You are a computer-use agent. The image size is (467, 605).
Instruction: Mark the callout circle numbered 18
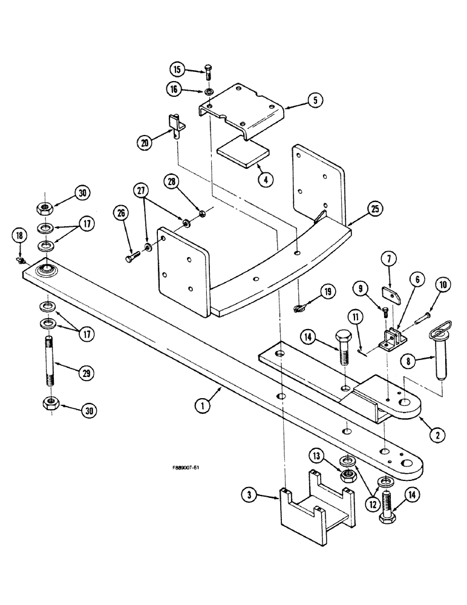click(20, 236)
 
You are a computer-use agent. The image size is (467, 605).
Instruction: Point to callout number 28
click(171, 181)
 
